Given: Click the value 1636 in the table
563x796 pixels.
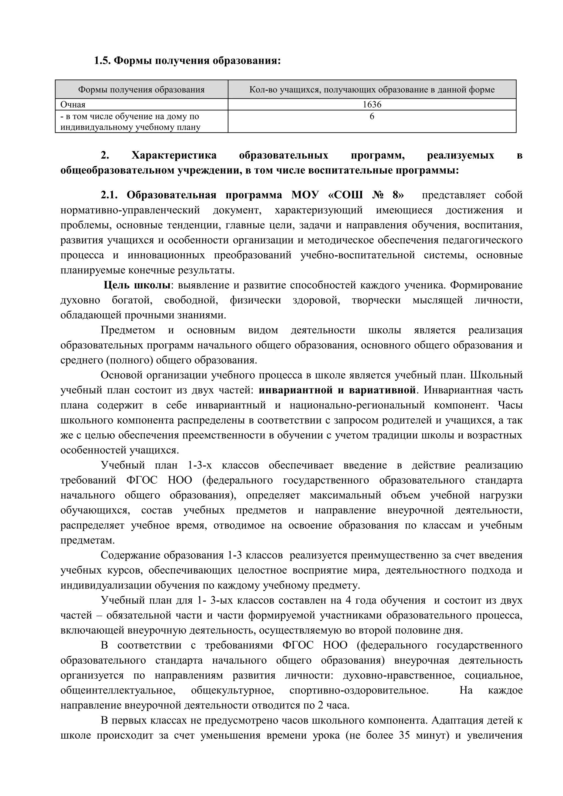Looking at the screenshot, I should tap(372, 104).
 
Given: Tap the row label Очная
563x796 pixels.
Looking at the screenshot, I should tap(73, 104).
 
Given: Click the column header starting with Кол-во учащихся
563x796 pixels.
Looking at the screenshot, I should tap(372, 90).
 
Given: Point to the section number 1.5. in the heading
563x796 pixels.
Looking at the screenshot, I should tap(102, 61).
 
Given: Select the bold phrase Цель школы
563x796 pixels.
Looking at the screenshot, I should tap(137, 285).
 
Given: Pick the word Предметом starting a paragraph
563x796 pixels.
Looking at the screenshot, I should tap(128, 330).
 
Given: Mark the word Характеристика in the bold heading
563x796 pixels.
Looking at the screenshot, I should tap(174, 155).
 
